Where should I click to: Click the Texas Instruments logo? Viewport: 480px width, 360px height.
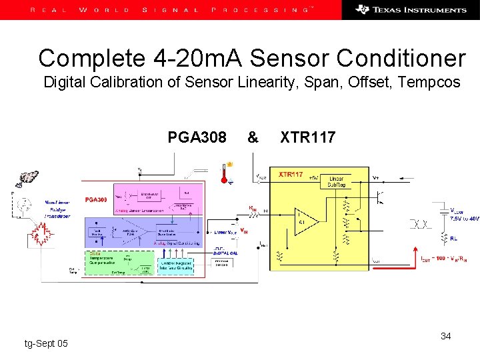411,9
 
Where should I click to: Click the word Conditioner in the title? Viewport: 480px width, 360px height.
401,59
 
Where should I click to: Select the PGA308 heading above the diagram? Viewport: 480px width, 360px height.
197,137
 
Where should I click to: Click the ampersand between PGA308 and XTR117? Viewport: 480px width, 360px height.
253,137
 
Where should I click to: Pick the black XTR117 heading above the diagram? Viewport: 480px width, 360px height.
307,137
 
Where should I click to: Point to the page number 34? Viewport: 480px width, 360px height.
445,336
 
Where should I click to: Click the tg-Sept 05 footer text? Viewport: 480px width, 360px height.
45,343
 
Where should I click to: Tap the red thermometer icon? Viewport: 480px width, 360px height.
225,171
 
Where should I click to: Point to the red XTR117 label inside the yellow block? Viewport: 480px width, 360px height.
291,174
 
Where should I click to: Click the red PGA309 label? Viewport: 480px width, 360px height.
95,199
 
